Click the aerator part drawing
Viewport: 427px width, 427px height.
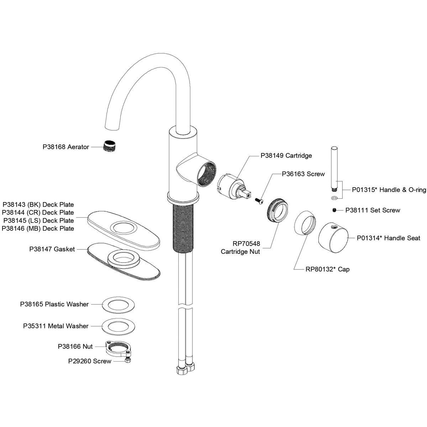click(x=111, y=146)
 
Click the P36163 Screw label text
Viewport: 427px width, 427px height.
click(x=303, y=174)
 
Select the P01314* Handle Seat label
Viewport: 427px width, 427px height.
click(x=389, y=238)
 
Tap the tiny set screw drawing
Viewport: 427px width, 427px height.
click(x=334, y=210)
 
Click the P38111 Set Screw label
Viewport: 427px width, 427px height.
click(x=373, y=210)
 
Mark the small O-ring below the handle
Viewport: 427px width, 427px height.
click(x=334, y=198)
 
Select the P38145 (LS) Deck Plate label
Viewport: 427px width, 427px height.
click(x=38, y=221)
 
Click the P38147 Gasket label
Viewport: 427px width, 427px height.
click(x=52, y=249)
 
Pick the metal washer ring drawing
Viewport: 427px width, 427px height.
click(x=116, y=326)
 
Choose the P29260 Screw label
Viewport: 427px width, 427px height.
click(x=90, y=361)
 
